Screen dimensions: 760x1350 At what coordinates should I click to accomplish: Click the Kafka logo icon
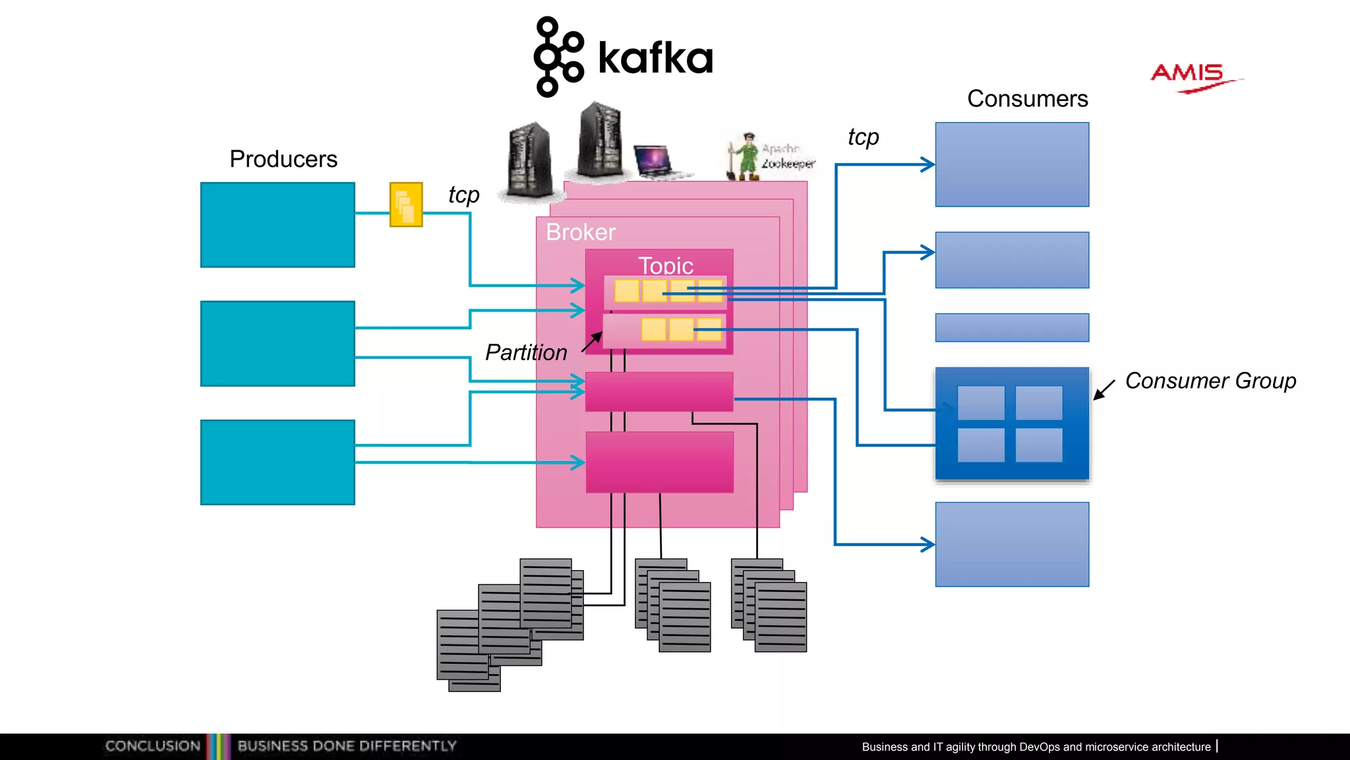558,57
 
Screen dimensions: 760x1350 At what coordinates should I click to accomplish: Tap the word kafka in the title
655,58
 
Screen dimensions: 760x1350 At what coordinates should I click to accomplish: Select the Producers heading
283,159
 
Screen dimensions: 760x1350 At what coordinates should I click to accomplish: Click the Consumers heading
1027,99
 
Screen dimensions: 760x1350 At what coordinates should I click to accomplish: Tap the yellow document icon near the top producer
406,205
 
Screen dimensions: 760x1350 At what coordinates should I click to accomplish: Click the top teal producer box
278,225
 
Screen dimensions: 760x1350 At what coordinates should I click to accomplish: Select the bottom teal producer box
278,462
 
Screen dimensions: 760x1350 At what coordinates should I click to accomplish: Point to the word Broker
581,232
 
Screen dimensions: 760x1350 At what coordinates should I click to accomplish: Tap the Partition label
526,352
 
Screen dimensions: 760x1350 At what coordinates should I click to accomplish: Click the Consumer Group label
1210,381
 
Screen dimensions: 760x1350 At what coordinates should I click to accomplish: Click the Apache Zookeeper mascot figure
746,157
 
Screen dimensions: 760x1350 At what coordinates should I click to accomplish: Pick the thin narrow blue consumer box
1012,327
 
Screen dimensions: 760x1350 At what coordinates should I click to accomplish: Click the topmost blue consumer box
1012,164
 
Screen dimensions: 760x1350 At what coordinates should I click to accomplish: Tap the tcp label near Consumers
863,137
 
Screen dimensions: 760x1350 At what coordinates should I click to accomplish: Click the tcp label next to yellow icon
463,195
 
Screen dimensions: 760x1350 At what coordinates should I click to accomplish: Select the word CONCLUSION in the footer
153,746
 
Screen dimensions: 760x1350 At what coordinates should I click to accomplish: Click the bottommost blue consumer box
1012,544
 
